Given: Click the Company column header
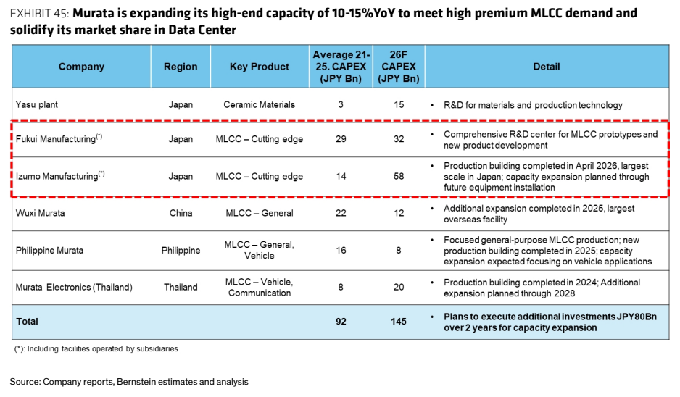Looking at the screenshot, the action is [81, 67].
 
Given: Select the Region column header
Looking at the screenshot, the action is [181, 67].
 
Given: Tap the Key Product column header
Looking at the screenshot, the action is [260, 67].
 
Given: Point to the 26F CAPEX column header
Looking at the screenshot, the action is [399, 67].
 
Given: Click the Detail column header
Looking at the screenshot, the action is [547, 67].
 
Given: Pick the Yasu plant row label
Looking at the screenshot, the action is [37, 105].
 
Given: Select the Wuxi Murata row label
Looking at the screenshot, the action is [41, 213].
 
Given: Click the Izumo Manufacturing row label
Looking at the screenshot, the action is [60, 175].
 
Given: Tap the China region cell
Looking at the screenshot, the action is [181, 213].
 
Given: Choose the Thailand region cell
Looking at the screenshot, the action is [181, 288].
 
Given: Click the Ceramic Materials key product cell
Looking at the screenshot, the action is [260, 105].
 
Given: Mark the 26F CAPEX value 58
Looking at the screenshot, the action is [399, 176].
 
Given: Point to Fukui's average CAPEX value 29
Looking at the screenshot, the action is [341, 139].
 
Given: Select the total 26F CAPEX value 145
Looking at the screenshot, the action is [399, 322].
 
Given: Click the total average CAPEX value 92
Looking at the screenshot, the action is [341, 322].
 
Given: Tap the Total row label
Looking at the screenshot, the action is [27, 322].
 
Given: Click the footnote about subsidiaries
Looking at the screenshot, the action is [96, 349].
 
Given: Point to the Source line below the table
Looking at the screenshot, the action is [129, 382].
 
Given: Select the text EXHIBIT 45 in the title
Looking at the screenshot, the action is [39, 14].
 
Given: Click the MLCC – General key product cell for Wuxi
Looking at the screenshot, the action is [260, 213].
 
